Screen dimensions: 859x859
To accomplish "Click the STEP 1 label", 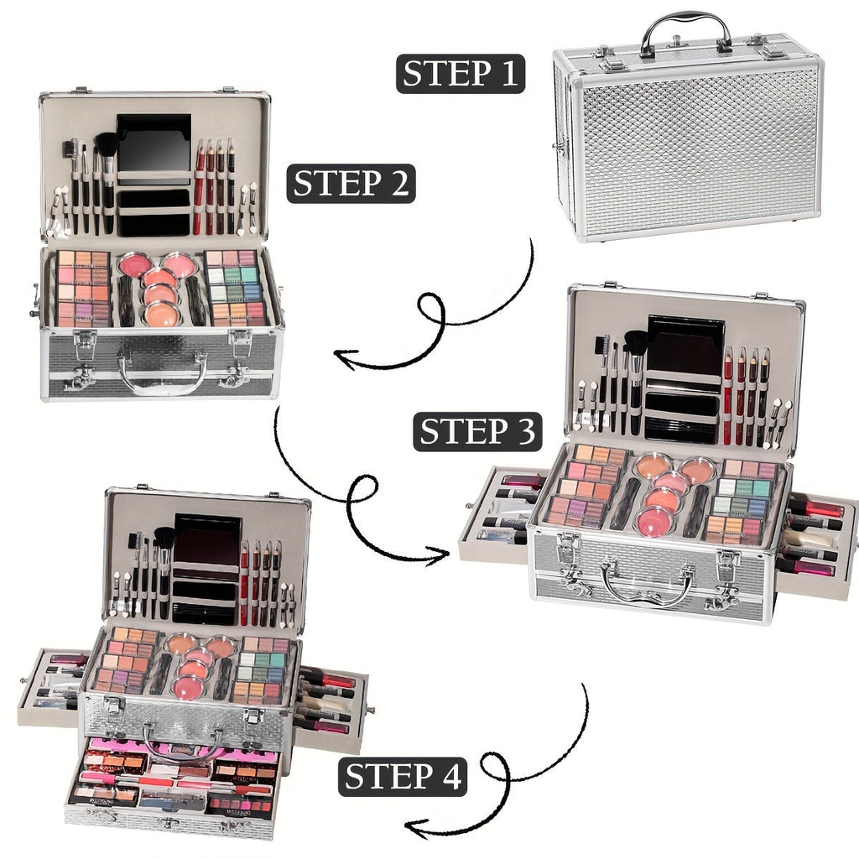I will pos(461,73).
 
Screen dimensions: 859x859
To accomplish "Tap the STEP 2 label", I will pos(351,183).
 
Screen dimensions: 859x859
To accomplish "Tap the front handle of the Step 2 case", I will pos(162,375).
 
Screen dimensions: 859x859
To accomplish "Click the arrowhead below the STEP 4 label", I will pos(413,829).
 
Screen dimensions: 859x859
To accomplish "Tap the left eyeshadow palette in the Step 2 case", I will pos(83,288).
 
